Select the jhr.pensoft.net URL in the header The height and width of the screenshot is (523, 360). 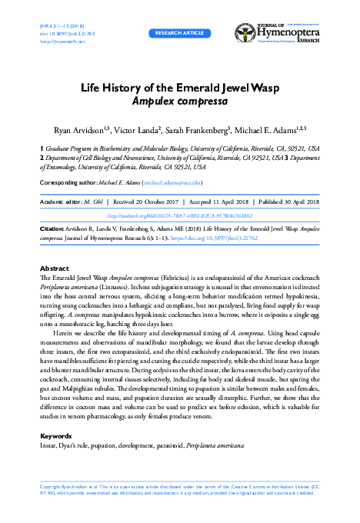[x=53, y=41]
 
